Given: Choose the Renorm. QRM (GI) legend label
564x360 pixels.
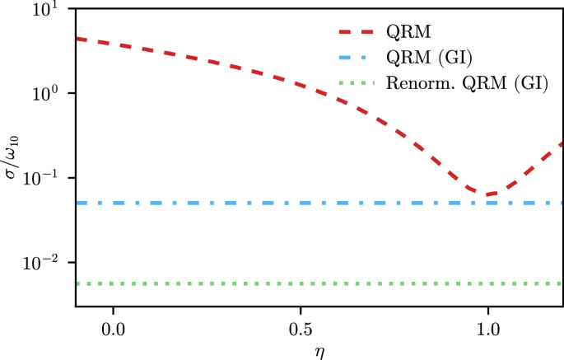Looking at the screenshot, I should (467, 83).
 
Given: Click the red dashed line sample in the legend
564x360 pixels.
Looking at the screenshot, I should (357, 32).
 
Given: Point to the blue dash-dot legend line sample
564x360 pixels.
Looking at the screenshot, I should (357, 58).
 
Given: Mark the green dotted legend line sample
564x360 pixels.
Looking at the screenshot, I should (357, 83).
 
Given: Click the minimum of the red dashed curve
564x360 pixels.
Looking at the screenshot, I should (487, 194).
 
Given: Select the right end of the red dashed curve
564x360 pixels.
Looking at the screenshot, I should (562, 143).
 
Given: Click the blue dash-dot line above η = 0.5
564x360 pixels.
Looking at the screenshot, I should (300, 203).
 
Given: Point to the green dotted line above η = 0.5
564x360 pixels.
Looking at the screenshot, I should (300, 283).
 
